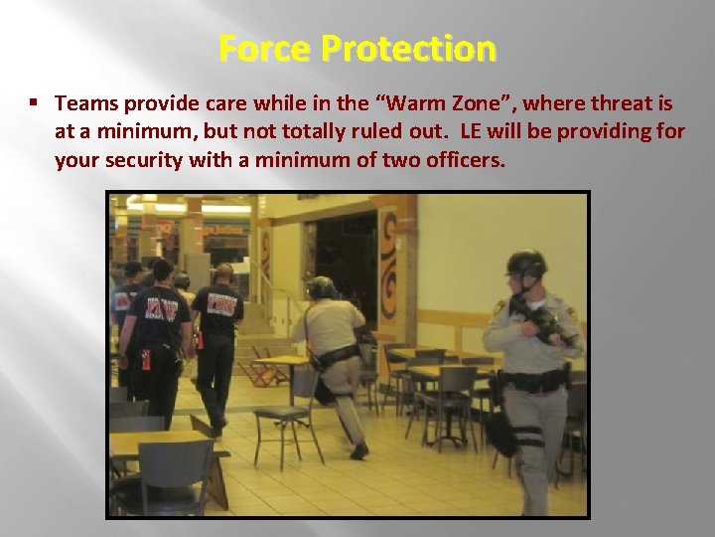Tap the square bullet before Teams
34,103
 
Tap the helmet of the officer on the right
525,264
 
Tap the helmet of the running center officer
322,287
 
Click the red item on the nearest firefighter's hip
145,359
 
